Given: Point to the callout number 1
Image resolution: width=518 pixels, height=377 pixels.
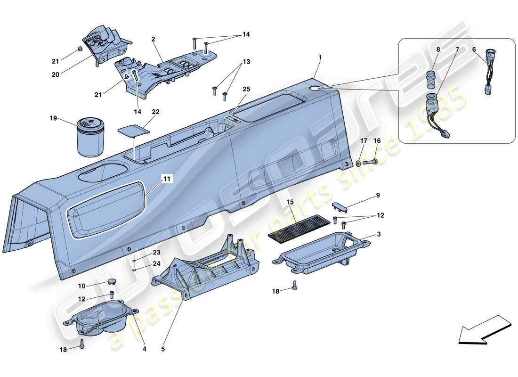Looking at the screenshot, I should pos(320,57).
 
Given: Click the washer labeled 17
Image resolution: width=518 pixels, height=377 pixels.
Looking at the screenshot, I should pos(359,163).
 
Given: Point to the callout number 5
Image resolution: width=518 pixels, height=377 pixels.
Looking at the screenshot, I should pos(163,349).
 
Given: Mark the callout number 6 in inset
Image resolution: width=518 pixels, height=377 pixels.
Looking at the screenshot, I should pos(474,49).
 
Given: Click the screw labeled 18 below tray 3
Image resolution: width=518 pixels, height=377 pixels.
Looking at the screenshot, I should pos(295,285).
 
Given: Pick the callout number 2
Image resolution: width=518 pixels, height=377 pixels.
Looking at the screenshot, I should pos(154,40).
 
